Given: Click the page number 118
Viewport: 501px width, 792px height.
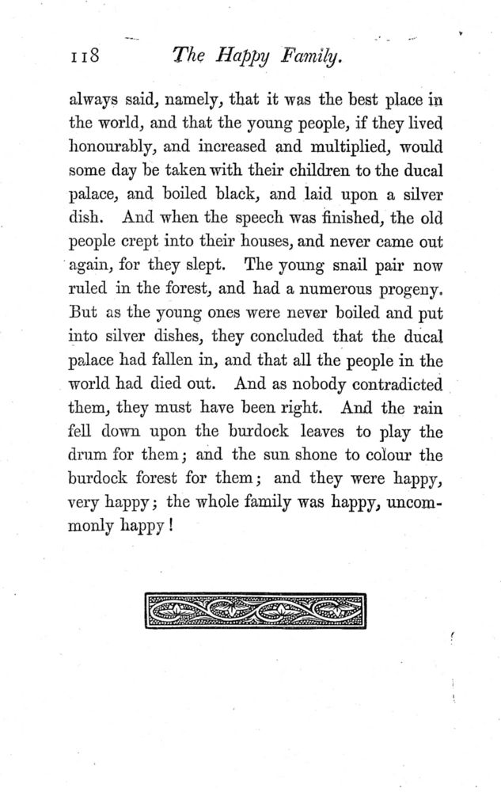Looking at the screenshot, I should click(x=82, y=56).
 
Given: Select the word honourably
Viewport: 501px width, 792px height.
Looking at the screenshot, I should click(x=114, y=148).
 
